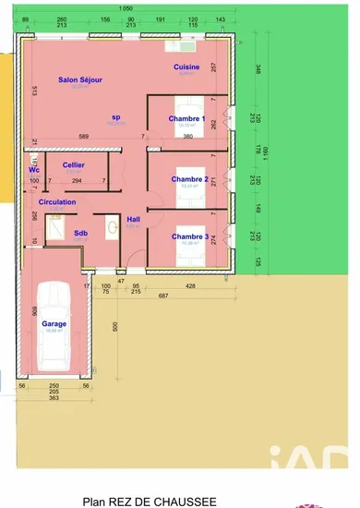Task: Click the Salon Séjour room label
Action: click(80, 80)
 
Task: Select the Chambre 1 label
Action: click(186, 118)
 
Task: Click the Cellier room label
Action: click(74, 164)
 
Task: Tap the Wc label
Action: click(33, 170)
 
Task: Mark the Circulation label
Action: click(57, 200)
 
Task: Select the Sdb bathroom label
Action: click(80, 233)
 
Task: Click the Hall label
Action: click(133, 219)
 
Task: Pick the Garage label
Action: click(54, 324)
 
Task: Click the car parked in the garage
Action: click(53, 323)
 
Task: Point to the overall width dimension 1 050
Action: click(127, 7)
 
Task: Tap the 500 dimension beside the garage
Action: click(115, 327)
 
